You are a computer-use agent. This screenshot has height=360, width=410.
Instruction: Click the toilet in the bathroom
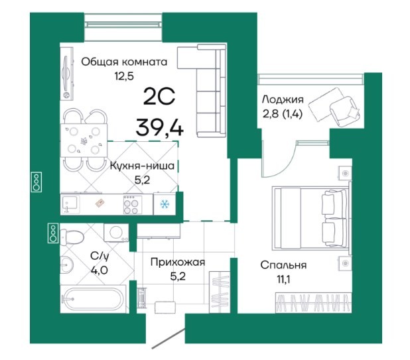click(x=72, y=237)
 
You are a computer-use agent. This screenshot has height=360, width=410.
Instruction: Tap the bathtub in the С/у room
click(x=94, y=299)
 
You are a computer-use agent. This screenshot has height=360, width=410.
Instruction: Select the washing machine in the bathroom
click(x=116, y=232)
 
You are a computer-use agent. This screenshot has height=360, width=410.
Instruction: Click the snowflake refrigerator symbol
click(x=165, y=204)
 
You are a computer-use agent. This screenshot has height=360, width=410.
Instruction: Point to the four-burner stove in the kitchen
click(x=133, y=205)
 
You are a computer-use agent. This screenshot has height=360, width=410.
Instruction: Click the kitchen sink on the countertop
click(x=70, y=204)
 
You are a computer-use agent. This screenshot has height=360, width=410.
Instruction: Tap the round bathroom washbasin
click(x=67, y=265)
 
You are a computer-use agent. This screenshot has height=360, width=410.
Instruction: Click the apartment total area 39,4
click(x=160, y=127)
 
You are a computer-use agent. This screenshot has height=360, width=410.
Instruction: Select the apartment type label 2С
click(x=159, y=96)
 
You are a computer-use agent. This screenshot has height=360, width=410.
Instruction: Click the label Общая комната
click(x=124, y=62)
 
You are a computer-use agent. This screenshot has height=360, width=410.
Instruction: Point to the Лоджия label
click(x=283, y=100)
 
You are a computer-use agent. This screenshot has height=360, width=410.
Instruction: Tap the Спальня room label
click(x=283, y=265)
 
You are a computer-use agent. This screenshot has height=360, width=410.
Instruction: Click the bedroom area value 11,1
click(x=284, y=280)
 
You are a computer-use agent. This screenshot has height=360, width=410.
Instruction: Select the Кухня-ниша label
click(x=142, y=166)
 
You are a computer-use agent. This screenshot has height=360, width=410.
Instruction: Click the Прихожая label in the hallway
click(x=178, y=262)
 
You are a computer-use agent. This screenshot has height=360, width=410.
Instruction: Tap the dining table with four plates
click(x=84, y=141)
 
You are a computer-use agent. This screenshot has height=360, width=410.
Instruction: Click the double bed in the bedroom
click(x=311, y=217)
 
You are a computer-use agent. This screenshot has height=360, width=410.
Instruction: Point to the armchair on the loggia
click(x=345, y=111)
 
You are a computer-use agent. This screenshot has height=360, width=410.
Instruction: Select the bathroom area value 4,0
click(x=100, y=270)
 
